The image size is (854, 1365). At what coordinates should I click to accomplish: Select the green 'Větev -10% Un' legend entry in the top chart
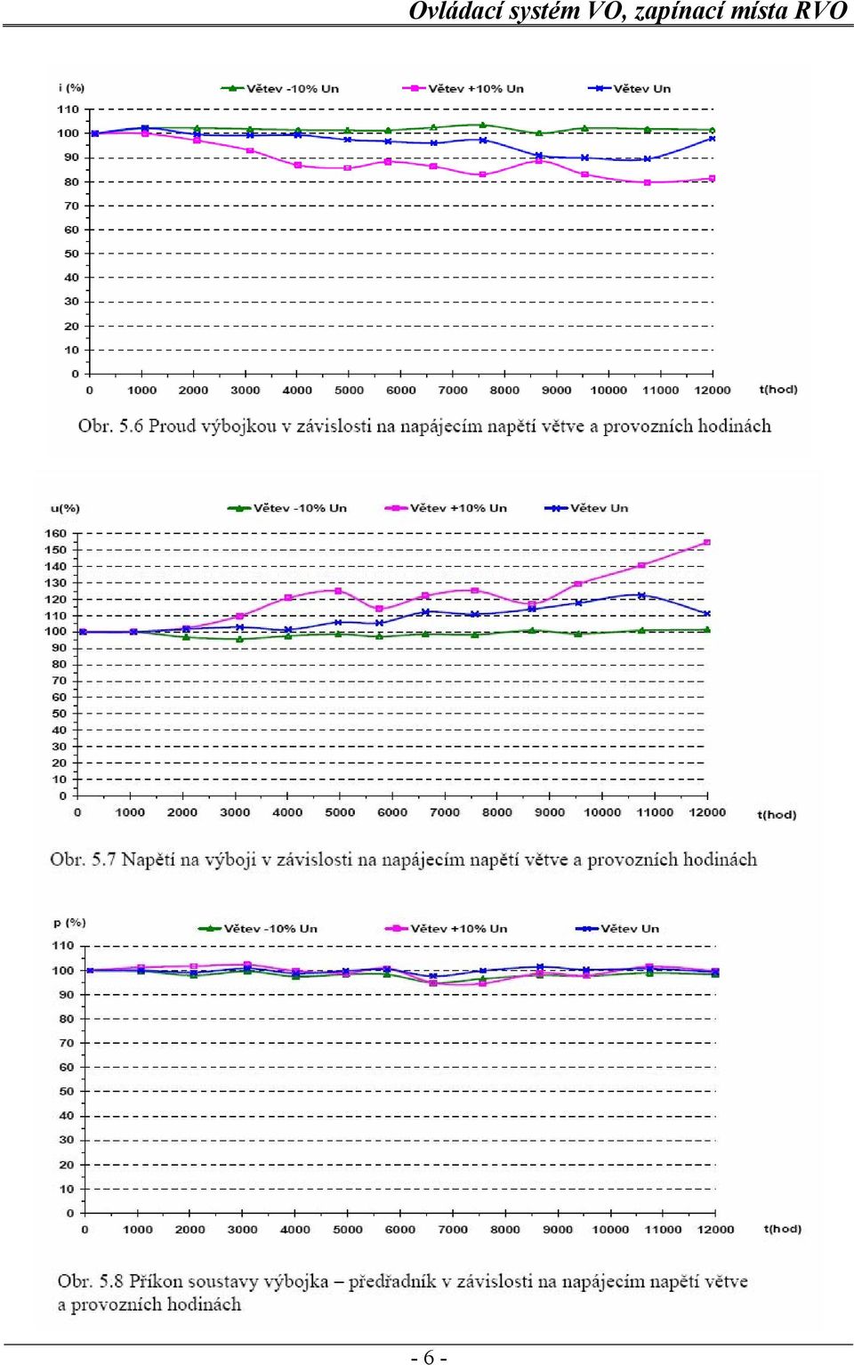coord(279,88)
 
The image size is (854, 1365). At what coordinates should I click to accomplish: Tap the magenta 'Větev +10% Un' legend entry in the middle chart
coord(446,507)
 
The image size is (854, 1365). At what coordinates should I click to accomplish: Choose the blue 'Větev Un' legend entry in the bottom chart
coord(617,929)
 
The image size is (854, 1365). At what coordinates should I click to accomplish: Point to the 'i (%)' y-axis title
coord(71,87)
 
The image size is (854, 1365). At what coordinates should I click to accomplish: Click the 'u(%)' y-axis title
coord(65,508)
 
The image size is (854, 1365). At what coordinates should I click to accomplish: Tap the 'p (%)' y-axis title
coord(69,923)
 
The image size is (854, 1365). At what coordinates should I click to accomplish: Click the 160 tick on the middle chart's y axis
coord(55,533)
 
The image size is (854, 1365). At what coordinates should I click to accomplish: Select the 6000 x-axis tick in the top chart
coord(401,390)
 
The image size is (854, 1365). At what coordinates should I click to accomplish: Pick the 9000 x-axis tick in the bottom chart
coord(558,1230)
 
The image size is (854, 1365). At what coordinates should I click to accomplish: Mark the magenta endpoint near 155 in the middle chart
coord(706,542)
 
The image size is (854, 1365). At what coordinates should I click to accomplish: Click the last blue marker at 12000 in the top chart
coord(712,139)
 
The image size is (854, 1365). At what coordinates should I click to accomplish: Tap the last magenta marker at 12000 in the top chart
coord(712,179)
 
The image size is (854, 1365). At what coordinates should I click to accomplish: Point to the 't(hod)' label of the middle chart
coord(777,815)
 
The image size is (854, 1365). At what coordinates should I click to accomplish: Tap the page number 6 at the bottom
coord(429,1357)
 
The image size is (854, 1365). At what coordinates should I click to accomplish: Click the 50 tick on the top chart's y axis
coord(72,254)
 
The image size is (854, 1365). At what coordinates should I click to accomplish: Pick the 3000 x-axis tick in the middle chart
coord(235,812)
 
